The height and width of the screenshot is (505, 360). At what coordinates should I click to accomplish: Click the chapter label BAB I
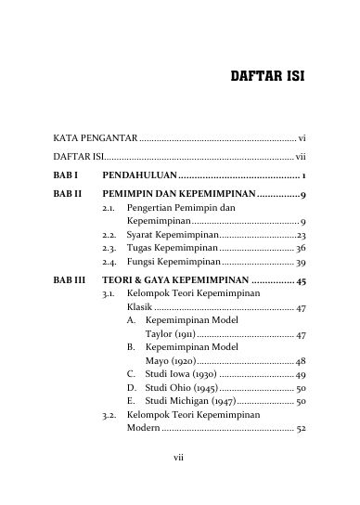coord(65,175)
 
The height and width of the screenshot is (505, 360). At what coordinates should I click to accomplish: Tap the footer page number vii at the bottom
coord(180,483)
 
